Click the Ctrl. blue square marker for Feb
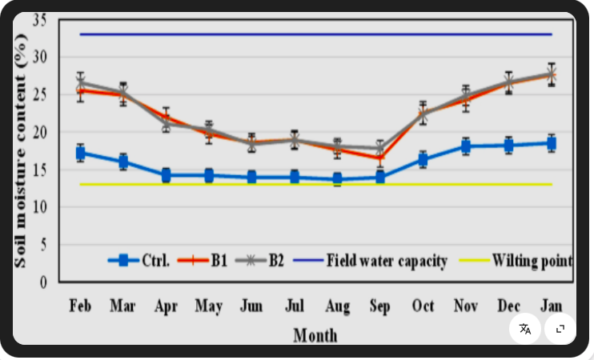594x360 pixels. [80, 153]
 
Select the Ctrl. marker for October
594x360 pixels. [423, 159]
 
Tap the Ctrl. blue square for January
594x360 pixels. [552, 143]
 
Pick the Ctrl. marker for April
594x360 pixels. [166, 175]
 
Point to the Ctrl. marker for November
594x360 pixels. [466, 146]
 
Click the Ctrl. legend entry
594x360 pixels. [138, 261]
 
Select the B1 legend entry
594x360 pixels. [203, 261]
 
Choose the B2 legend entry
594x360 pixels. [259, 261]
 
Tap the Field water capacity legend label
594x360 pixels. [387, 261]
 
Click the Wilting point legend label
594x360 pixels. [532, 261]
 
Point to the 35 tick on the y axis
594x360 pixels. [39, 20]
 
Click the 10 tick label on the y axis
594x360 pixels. [39, 207]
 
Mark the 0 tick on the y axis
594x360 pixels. [43, 282]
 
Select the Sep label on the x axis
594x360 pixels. [380, 306]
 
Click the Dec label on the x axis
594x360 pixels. [509, 305]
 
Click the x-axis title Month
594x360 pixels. [315, 335]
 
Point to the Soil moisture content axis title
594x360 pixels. [20, 150]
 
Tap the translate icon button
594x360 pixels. [524, 329]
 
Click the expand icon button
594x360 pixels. [560, 329]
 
